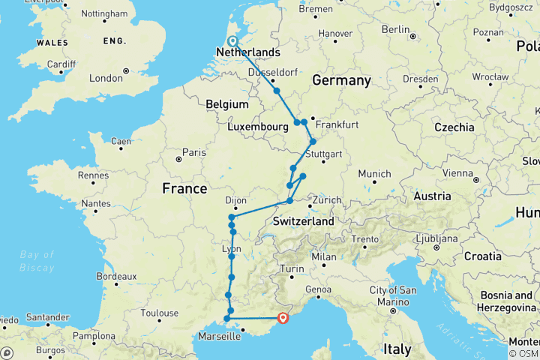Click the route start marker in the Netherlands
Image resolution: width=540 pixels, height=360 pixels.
(232, 42)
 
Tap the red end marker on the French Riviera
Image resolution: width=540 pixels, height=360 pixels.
(283, 317)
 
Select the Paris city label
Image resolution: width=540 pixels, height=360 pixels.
(193, 152)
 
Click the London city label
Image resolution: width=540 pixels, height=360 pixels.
(106, 78)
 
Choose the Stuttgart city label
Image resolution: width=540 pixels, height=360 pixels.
(324, 154)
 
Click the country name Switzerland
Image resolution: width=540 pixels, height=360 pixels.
(303, 222)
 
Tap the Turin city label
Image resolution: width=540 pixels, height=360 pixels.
(292, 268)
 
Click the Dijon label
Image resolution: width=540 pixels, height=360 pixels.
(235, 200)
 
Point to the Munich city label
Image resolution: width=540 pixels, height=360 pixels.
(374, 173)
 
